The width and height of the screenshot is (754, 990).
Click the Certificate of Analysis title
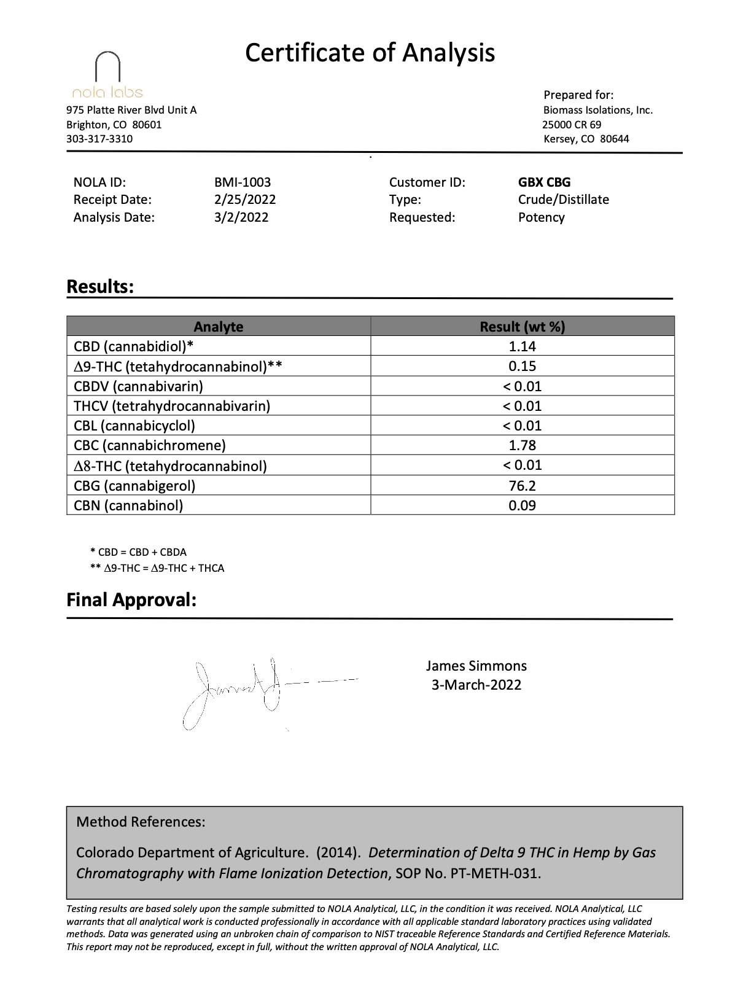click(370, 53)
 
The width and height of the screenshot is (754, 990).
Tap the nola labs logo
click(107, 76)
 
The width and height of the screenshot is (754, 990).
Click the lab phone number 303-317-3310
click(99, 139)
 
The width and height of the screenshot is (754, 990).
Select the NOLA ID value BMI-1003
click(243, 182)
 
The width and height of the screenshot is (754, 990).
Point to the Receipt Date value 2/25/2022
click(245, 200)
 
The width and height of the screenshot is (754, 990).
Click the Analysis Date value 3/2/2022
click(241, 217)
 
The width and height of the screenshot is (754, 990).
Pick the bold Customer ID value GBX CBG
click(544, 182)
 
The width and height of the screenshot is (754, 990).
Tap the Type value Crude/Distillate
click(563, 200)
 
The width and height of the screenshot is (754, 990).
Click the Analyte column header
click(218, 327)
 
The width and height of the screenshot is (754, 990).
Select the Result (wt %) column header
click(522, 327)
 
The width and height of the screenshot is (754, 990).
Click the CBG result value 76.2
click(522, 486)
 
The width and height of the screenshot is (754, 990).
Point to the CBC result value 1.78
click(522, 446)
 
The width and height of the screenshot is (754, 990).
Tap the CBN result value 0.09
click(522, 505)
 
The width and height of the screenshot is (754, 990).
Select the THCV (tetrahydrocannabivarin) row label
click(172, 406)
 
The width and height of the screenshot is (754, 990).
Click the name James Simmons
click(476, 666)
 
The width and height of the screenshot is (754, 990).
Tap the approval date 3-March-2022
click(476, 685)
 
